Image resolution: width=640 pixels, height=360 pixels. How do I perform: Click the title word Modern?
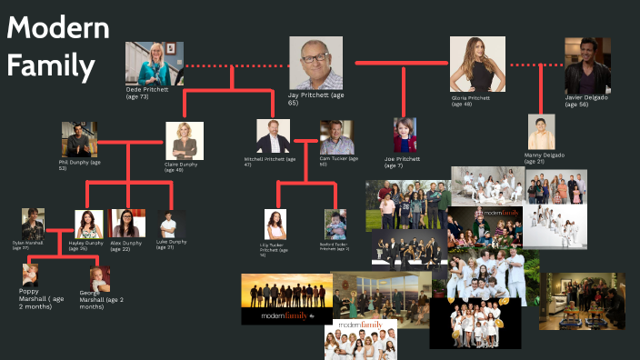click(x=58, y=29)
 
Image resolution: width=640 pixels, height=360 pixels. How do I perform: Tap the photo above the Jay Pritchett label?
click(x=315, y=63)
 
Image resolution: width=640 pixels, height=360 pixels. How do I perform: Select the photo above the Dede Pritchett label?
click(x=154, y=64)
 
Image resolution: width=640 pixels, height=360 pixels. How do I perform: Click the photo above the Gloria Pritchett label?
click(x=475, y=65)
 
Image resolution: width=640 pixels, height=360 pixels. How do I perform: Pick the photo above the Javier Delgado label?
click(x=587, y=63)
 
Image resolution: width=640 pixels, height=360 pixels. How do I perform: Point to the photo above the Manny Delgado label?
click(x=541, y=132)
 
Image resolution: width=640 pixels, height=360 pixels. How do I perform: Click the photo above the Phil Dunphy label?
click(x=79, y=139)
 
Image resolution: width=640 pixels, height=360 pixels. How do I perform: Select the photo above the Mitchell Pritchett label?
click(x=274, y=137)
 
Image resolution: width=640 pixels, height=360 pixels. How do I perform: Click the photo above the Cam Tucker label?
click(x=335, y=137)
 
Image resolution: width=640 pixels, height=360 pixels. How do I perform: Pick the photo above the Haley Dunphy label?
click(x=89, y=224)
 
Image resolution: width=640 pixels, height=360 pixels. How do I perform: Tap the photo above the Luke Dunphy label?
click(x=172, y=224)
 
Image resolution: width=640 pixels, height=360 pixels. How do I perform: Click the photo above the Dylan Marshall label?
click(x=34, y=224)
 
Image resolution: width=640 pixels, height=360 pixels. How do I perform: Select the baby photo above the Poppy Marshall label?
click(x=35, y=275)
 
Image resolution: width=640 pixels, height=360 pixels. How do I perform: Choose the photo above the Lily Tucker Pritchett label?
click(x=275, y=224)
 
